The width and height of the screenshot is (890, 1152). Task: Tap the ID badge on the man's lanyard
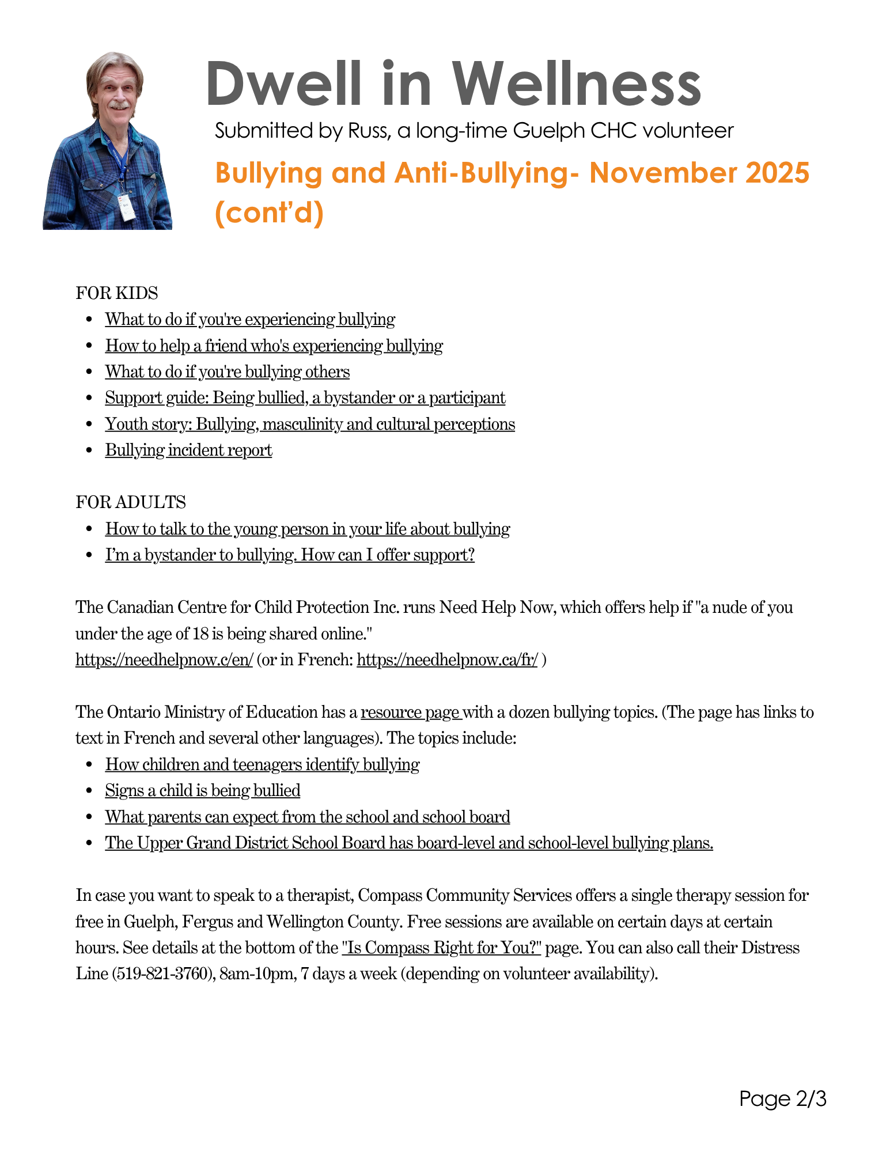[x=127, y=207]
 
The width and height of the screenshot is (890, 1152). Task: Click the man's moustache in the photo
[x=120, y=105]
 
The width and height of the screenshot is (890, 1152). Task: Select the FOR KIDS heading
[x=117, y=293]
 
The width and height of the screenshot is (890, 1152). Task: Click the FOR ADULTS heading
[x=131, y=502]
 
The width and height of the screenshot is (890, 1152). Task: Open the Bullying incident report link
[x=188, y=450]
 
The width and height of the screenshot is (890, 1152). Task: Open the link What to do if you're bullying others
[x=227, y=372]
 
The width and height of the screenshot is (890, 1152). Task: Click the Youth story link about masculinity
[x=310, y=425]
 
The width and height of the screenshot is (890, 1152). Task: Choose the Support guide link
[x=305, y=398]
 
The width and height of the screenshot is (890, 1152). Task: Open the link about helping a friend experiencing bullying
[x=274, y=346]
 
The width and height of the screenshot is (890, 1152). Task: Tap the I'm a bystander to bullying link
[x=290, y=555]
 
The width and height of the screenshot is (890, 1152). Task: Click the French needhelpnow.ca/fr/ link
[x=447, y=660]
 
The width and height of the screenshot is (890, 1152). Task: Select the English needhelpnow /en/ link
[x=164, y=660]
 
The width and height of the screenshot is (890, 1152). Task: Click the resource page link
[x=411, y=713]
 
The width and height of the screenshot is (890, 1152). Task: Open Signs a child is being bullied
[x=203, y=791]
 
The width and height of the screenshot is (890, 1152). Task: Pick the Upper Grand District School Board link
[x=409, y=843]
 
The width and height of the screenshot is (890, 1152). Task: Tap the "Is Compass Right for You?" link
[x=441, y=948]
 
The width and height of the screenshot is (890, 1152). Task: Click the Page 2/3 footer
[x=783, y=1099]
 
